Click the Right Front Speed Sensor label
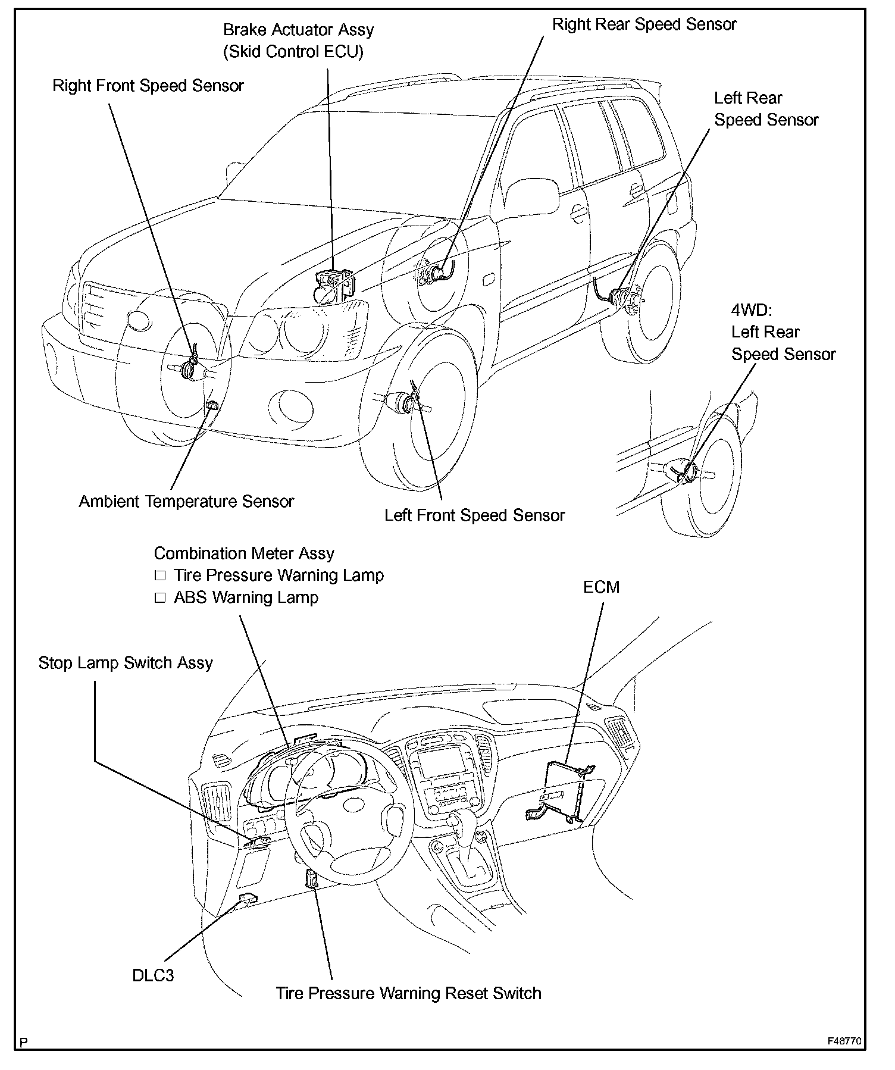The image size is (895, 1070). (148, 86)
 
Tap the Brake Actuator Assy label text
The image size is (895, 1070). (298, 30)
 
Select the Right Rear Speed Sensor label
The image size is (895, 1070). (644, 24)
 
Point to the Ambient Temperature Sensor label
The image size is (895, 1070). (186, 501)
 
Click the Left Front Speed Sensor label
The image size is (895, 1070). (474, 515)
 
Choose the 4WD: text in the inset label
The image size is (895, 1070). (752, 310)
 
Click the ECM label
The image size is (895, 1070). (601, 587)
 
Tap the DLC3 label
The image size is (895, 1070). (153, 975)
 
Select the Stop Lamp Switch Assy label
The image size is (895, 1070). (126, 663)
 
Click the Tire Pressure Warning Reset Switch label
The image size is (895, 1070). (408, 993)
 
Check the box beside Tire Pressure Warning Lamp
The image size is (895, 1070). (159, 576)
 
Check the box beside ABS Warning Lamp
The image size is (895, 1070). (159, 598)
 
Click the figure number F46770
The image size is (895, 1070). (844, 1041)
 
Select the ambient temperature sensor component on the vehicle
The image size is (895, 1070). (211, 405)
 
